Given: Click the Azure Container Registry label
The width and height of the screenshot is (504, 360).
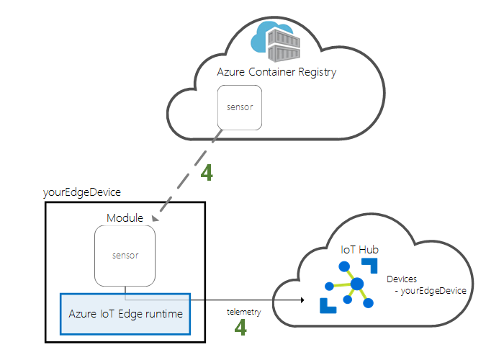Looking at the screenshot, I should (x=276, y=72).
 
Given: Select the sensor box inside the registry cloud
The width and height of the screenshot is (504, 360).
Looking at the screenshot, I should (x=240, y=107).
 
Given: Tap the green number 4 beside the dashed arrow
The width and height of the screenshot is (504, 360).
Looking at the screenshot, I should (x=206, y=172).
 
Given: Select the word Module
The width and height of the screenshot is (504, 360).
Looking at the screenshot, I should (x=125, y=217).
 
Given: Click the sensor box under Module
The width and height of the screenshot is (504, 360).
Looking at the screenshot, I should (x=125, y=255).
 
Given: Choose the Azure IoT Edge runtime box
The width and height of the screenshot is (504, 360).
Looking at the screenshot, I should (x=125, y=314).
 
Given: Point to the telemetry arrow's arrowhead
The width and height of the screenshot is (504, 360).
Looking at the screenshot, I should (x=301, y=300).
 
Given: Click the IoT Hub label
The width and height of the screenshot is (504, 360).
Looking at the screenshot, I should (x=360, y=249).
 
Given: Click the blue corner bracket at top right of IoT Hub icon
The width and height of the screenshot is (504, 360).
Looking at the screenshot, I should (x=372, y=265).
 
